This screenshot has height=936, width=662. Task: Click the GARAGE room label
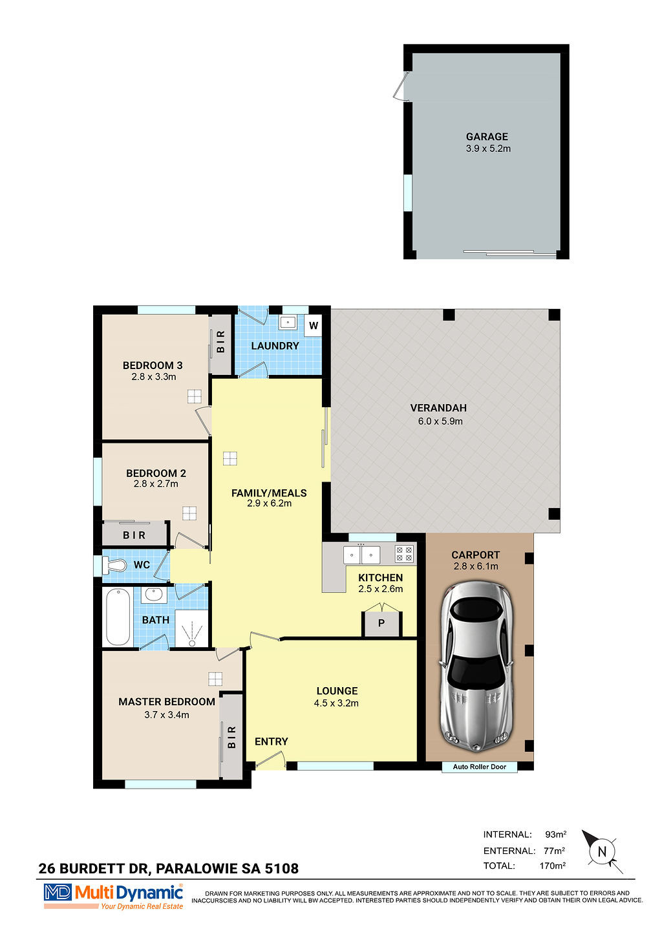(487, 136)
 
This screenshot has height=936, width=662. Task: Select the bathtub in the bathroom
(118, 617)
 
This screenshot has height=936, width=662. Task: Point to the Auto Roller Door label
(479, 767)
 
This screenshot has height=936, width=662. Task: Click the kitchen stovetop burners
(403, 554)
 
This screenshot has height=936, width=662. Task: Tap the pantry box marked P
(381, 623)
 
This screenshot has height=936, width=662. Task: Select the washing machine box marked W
(314, 326)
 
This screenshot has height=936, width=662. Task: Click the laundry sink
(288, 323)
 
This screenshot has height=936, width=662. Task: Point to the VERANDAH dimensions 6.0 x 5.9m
(440, 421)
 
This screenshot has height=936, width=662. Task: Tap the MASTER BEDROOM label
(167, 701)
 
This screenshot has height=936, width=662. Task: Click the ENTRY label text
(272, 741)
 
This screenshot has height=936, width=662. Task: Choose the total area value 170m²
(552, 866)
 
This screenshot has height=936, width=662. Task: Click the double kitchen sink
(361, 555)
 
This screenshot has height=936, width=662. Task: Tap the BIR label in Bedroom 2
(134, 535)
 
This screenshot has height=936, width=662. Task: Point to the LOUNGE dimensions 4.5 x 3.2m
(336, 703)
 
